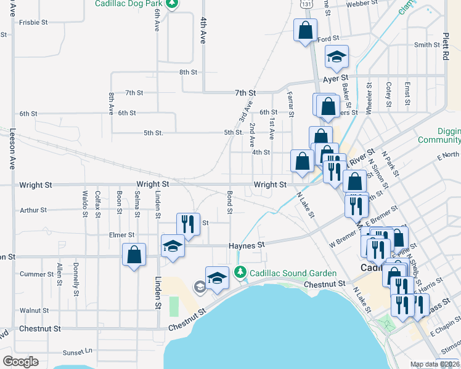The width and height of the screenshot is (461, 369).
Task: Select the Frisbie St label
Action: click(x=33, y=22)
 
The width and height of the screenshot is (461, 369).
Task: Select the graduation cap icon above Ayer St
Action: click(x=337, y=57)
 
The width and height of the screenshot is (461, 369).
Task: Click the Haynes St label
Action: click(x=246, y=244)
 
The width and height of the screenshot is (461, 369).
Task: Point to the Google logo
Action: click(x=20, y=362)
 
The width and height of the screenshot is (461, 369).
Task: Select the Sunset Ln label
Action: click(x=77, y=352)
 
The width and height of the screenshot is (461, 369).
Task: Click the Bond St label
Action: click(x=229, y=202)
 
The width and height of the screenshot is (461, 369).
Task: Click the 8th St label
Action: click(x=188, y=72)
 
